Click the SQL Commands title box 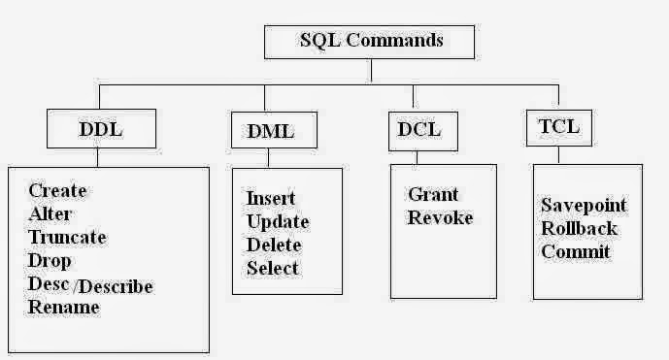(369, 41)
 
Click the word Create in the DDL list (57, 191)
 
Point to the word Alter (50, 214)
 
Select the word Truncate (67, 238)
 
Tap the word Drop (50, 261)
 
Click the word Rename (64, 308)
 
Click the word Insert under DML (271, 198)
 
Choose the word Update (278, 221)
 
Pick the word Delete (274, 245)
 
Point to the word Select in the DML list (273, 268)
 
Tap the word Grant (433, 194)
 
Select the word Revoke (440, 217)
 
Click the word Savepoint (584, 206)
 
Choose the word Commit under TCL (576, 252)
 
